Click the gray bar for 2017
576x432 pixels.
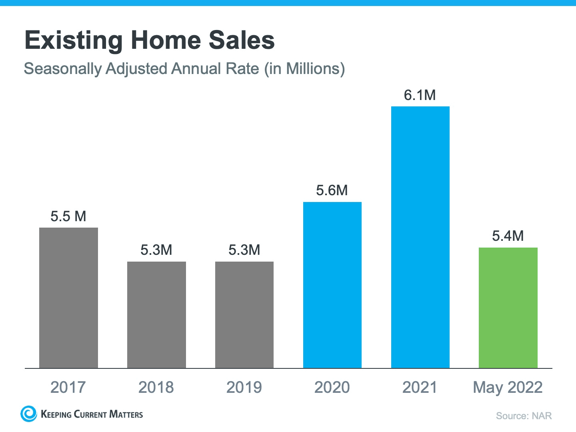point(68,298)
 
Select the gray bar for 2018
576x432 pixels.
point(156,315)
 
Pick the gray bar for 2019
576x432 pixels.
point(244,315)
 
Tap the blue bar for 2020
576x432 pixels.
point(332,285)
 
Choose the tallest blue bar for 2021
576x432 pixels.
point(420,237)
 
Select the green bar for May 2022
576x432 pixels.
point(508,308)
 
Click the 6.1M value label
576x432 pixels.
point(420,95)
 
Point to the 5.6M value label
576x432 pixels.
point(332,190)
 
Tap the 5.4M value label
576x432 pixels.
point(508,236)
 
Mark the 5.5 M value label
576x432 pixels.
point(68,216)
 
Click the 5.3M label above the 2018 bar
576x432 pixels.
point(156,250)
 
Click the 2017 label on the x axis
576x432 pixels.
point(68,387)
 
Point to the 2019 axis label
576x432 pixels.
point(244,387)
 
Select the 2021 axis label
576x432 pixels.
point(420,387)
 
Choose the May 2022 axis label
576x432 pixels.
point(508,387)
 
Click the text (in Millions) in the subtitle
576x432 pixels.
point(304,69)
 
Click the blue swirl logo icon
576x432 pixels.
point(28,414)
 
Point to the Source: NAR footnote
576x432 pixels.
point(524,416)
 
